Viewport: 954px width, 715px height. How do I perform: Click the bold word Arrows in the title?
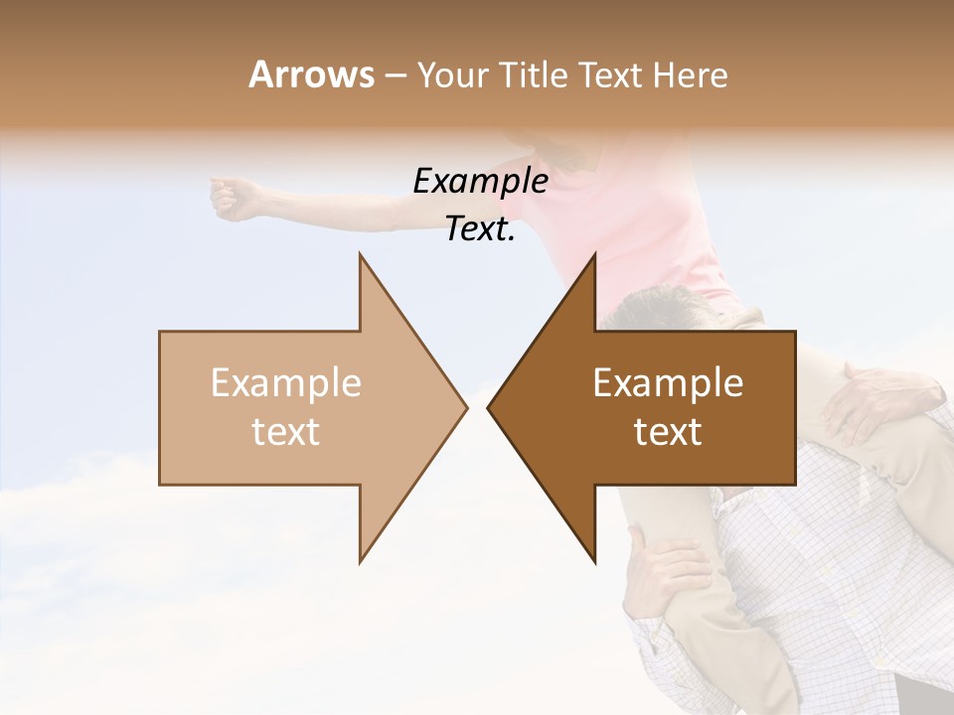pyautogui.click(x=312, y=74)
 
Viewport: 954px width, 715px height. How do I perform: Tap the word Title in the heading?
pyautogui.click(x=533, y=74)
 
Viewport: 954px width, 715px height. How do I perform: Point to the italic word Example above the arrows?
pyautogui.click(x=480, y=182)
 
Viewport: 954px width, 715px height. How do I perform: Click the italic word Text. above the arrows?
pyautogui.click(x=480, y=229)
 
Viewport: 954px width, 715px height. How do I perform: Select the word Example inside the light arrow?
pyautogui.click(x=286, y=382)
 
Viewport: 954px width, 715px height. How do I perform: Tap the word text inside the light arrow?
pyautogui.click(x=286, y=432)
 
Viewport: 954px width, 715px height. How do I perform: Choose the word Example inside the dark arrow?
pyautogui.click(x=668, y=382)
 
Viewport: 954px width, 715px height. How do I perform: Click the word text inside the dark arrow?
pyautogui.click(x=668, y=432)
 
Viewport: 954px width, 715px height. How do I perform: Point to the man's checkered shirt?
pyautogui.click(x=845, y=556)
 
